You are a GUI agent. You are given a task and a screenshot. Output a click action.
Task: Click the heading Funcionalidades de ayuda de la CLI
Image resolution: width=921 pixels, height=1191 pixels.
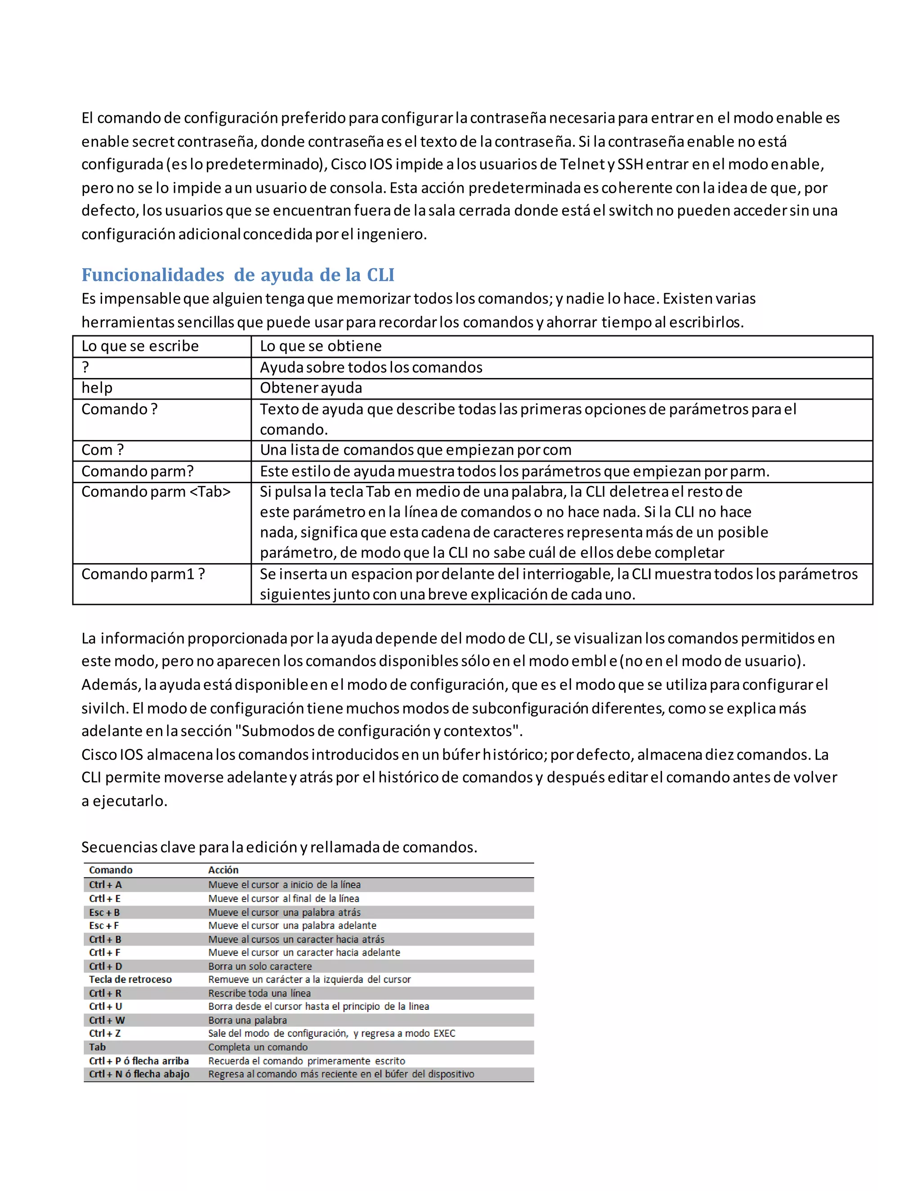[x=237, y=275]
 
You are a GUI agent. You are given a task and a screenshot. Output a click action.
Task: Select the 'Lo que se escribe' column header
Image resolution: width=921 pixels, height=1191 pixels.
[x=140, y=346]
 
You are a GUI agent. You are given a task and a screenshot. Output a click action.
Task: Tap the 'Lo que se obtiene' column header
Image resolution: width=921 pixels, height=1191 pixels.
[x=320, y=346]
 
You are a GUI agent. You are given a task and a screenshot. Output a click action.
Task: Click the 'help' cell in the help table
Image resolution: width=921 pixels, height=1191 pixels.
[x=97, y=388]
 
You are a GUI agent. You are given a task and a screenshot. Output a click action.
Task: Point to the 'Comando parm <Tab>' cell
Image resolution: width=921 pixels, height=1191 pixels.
[x=156, y=492]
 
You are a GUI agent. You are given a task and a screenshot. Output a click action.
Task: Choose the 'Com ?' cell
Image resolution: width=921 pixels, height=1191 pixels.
[x=103, y=450]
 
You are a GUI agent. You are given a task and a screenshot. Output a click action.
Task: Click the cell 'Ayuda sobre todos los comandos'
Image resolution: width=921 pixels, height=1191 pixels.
[x=371, y=368]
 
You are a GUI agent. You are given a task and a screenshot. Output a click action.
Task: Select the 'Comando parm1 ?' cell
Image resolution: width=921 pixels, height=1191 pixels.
[x=143, y=574]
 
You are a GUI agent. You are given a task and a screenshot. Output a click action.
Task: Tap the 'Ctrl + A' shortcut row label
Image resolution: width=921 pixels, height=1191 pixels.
[x=105, y=884]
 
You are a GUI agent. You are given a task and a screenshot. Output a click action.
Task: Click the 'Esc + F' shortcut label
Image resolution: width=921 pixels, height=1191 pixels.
[x=104, y=925]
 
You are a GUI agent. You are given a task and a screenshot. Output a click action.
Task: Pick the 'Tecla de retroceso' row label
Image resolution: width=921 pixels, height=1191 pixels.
[x=130, y=979]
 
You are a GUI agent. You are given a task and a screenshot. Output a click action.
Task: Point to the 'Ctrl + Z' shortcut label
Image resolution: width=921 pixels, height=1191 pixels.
[x=105, y=1033]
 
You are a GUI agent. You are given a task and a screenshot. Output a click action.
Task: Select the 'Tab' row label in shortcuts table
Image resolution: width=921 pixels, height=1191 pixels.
[x=98, y=1047]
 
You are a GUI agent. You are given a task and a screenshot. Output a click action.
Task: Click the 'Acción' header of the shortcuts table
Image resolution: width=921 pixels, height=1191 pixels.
[x=223, y=870]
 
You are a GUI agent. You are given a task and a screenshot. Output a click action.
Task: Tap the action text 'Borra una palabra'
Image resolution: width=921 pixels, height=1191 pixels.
[x=247, y=1020]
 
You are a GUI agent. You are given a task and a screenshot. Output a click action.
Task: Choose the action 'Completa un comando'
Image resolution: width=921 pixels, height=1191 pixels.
[x=258, y=1047]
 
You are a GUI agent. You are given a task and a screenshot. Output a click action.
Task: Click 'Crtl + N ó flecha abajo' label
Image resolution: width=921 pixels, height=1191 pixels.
[x=139, y=1074]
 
